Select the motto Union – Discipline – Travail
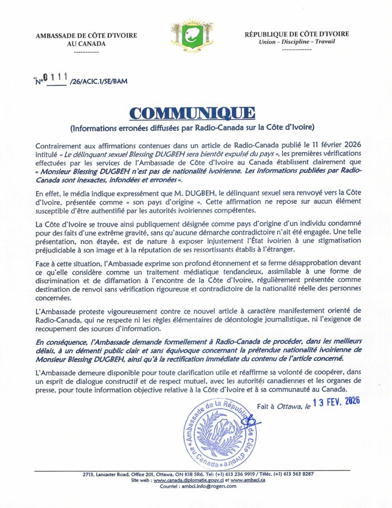[x=296, y=42]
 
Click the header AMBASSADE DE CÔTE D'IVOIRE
[x=86, y=35]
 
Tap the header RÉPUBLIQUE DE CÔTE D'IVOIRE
[x=296, y=34]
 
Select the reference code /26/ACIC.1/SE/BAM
[x=95, y=81]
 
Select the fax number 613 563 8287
[x=297, y=474]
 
